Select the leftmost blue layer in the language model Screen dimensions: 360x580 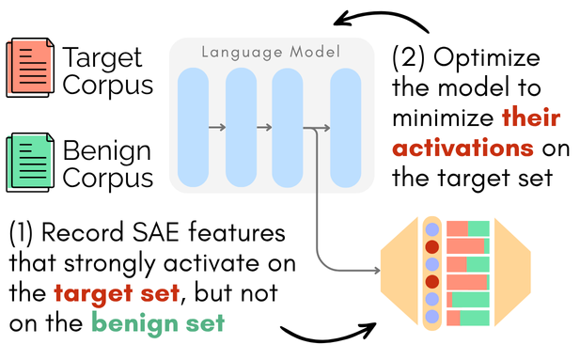click(193, 126)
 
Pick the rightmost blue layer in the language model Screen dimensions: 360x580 click(345, 126)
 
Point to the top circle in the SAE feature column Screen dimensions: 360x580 click(432, 228)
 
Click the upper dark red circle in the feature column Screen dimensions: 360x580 click(432, 247)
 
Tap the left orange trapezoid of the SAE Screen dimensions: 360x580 click(399, 274)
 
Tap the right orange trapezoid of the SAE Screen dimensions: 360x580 click(511, 274)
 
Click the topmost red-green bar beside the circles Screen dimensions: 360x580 click(468, 228)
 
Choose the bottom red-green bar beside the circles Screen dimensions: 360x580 click(468, 319)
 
